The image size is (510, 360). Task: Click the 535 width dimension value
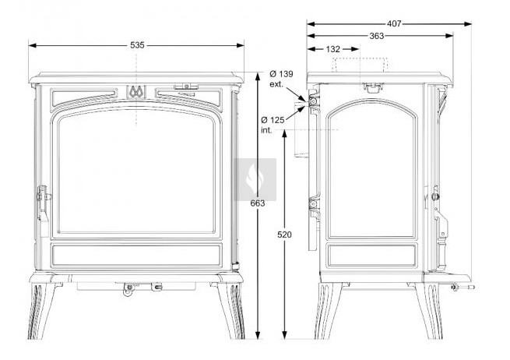coord(137,45)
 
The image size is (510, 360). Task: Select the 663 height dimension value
coord(258,203)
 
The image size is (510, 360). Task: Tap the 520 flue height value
coord(285,235)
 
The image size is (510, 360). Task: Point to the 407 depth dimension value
coord(394,23)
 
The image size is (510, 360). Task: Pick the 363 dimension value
coord(377,36)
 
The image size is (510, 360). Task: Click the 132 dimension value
coord(332,49)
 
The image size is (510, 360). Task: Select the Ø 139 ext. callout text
coord(281,79)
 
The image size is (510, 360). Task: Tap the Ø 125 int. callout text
coord(273,125)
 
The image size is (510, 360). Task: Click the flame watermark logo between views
coord(255,179)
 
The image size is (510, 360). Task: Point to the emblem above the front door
coord(136,92)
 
